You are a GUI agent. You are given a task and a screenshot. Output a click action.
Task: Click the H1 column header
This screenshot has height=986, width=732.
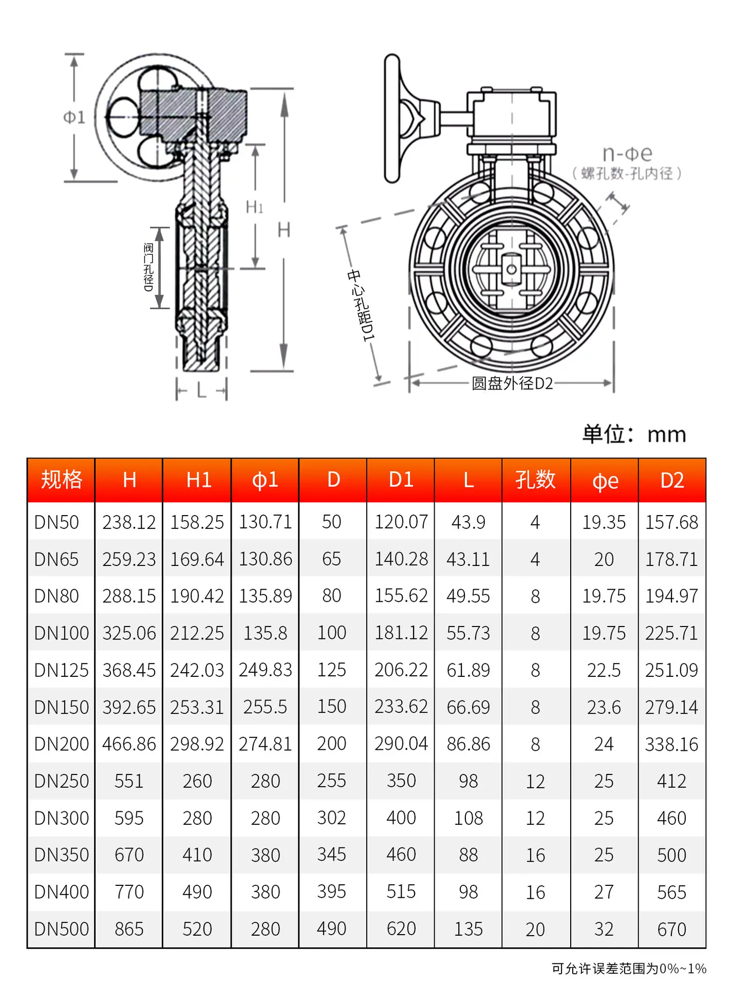(x=198, y=480)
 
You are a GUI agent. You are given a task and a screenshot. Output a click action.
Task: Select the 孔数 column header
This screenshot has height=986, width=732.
(x=535, y=480)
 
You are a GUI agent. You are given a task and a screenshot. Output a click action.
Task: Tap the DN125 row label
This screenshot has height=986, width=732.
(x=61, y=670)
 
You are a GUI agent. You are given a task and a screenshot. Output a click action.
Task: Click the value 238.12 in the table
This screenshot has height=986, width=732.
(x=129, y=522)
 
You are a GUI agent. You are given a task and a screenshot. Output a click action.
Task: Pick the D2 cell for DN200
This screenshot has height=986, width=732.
(x=671, y=744)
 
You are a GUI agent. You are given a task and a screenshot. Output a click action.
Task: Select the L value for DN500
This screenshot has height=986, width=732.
(x=468, y=929)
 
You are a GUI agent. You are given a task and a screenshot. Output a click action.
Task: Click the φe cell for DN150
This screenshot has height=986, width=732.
(x=604, y=707)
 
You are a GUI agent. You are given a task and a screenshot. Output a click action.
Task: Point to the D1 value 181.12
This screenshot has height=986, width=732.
(x=401, y=633)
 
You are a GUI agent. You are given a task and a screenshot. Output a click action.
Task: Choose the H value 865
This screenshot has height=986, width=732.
(x=129, y=929)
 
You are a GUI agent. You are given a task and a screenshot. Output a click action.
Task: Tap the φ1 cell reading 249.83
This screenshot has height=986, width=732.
(x=265, y=670)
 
